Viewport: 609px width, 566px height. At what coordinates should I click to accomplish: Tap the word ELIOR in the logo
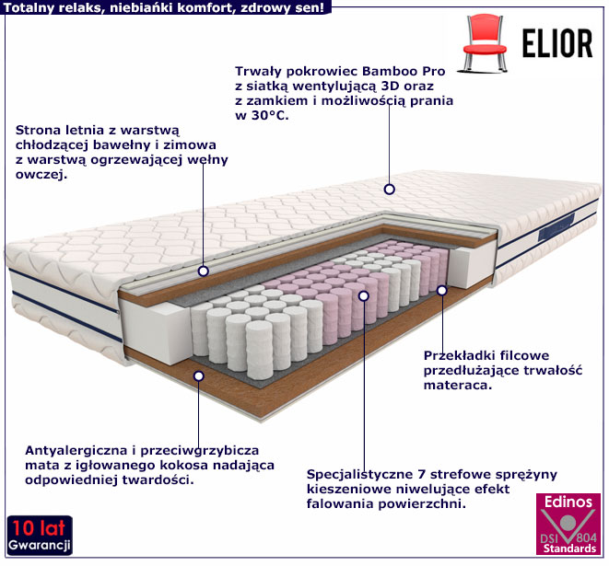click(557, 43)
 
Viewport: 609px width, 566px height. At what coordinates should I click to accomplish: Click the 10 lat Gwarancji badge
click(40, 536)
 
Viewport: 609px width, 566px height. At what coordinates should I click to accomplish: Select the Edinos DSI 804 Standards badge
click(568, 524)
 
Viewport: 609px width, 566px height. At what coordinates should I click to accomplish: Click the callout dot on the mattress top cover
click(389, 190)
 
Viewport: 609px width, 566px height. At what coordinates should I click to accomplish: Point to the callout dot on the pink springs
click(364, 296)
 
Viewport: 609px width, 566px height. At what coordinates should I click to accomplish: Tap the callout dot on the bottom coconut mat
click(199, 375)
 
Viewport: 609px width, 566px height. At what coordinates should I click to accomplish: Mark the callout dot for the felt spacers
click(442, 290)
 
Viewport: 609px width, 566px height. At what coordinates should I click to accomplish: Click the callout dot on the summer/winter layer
click(203, 271)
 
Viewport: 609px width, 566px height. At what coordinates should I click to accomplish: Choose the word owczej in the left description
click(41, 175)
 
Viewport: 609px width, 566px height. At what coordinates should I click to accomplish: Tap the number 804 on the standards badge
click(586, 537)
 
